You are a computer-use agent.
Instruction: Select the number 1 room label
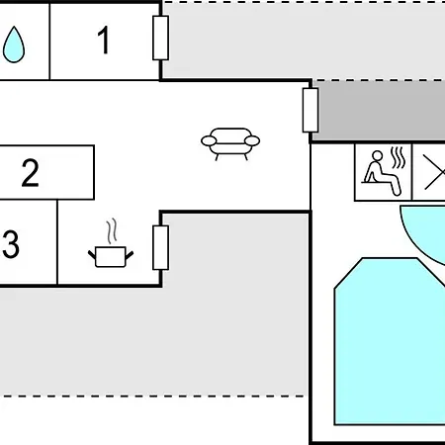104,40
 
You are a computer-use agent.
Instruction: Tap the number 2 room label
31,173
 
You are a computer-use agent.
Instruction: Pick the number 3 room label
11,244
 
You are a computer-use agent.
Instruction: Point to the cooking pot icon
111,256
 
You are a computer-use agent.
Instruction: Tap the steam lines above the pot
112,230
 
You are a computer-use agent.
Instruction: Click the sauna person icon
381,173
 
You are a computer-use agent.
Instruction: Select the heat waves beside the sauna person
398,158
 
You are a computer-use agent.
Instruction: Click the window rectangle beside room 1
161,38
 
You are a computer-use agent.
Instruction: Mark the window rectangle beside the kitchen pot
161,247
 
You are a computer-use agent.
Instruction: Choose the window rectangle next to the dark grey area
311,110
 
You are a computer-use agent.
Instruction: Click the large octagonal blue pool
390,341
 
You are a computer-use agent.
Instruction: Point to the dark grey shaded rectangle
379,111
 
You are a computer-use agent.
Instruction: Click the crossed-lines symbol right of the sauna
433,172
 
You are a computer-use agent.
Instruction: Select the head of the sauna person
377,156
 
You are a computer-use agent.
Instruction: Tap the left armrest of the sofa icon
209,141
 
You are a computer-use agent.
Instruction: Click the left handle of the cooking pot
92,254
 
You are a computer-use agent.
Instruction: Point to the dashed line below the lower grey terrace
152,396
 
